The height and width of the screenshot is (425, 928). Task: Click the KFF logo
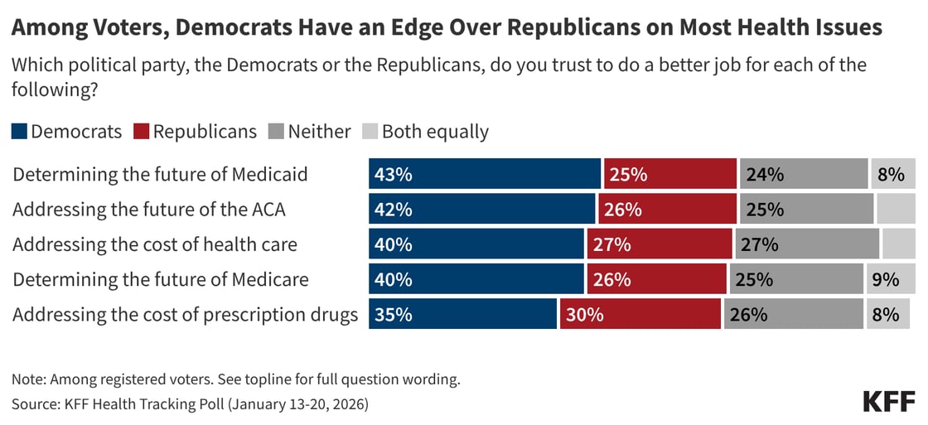[889, 401]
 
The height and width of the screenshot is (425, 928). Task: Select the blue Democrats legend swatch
[20, 132]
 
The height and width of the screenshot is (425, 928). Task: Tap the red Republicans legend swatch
[141, 132]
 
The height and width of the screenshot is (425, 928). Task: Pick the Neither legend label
[319, 132]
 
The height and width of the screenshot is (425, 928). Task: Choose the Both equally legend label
[435, 132]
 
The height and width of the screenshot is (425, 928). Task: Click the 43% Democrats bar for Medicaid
[485, 175]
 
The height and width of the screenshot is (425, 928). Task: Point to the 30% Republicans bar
[640, 315]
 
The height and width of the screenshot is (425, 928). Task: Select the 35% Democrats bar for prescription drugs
[462, 315]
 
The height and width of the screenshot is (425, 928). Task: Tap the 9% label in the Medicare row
[886, 280]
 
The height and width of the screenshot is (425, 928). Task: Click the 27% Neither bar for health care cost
[807, 244]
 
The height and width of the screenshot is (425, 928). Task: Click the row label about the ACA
[149, 210]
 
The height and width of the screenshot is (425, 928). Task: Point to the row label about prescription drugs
[186, 315]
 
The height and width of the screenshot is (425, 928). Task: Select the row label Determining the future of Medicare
[161, 280]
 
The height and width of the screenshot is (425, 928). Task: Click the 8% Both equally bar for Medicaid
[892, 175]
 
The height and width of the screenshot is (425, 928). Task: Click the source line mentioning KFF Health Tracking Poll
[190, 405]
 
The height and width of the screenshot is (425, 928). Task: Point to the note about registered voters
[235, 380]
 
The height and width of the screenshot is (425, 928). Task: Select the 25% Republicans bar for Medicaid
[670, 175]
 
